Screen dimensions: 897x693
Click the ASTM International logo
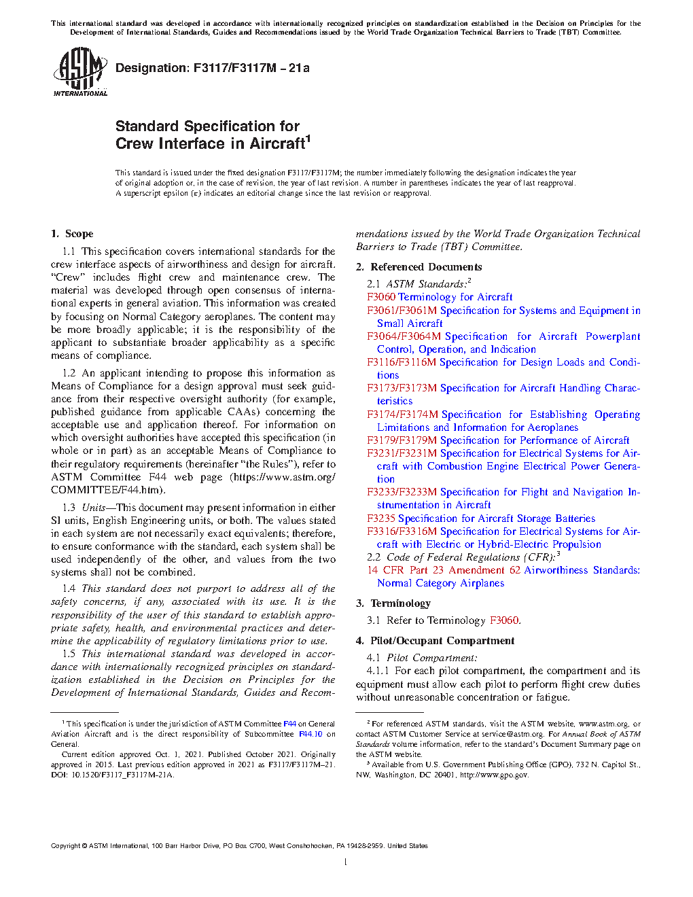[x=80, y=71]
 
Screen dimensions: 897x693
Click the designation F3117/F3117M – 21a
[x=213, y=68]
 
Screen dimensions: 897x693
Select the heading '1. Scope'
[x=72, y=234]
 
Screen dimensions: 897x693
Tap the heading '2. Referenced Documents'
[x=419, y=267]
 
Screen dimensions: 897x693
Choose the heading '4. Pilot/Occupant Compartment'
[x=435, y=641]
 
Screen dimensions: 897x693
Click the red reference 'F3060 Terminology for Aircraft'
[x=440, y=297]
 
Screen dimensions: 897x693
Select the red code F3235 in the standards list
[x=381, y=518]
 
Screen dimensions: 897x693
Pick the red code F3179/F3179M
[x=402, y=440]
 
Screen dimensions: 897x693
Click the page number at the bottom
[x=346, y=862]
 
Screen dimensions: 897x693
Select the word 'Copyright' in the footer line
[x=65, y=846]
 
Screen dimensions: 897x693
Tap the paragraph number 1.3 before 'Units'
[x=69, y=508]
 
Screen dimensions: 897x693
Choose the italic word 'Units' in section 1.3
[x=94, y=508]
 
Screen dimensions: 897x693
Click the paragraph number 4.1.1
[x=378, y=671]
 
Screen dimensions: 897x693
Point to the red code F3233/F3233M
[x=402, y=492]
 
